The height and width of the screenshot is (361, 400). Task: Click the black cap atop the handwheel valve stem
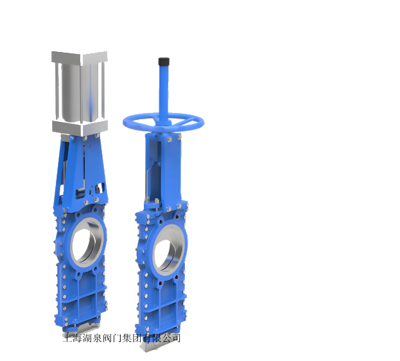[x=164, y=62]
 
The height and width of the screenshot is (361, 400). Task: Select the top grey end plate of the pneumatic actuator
[x=80, y=57]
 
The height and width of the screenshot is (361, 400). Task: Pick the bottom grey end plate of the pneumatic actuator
[x=80, y=128]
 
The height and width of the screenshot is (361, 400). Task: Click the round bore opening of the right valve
[x=164, y=253]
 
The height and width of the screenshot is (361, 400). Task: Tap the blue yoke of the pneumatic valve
[x=80, y=171]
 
